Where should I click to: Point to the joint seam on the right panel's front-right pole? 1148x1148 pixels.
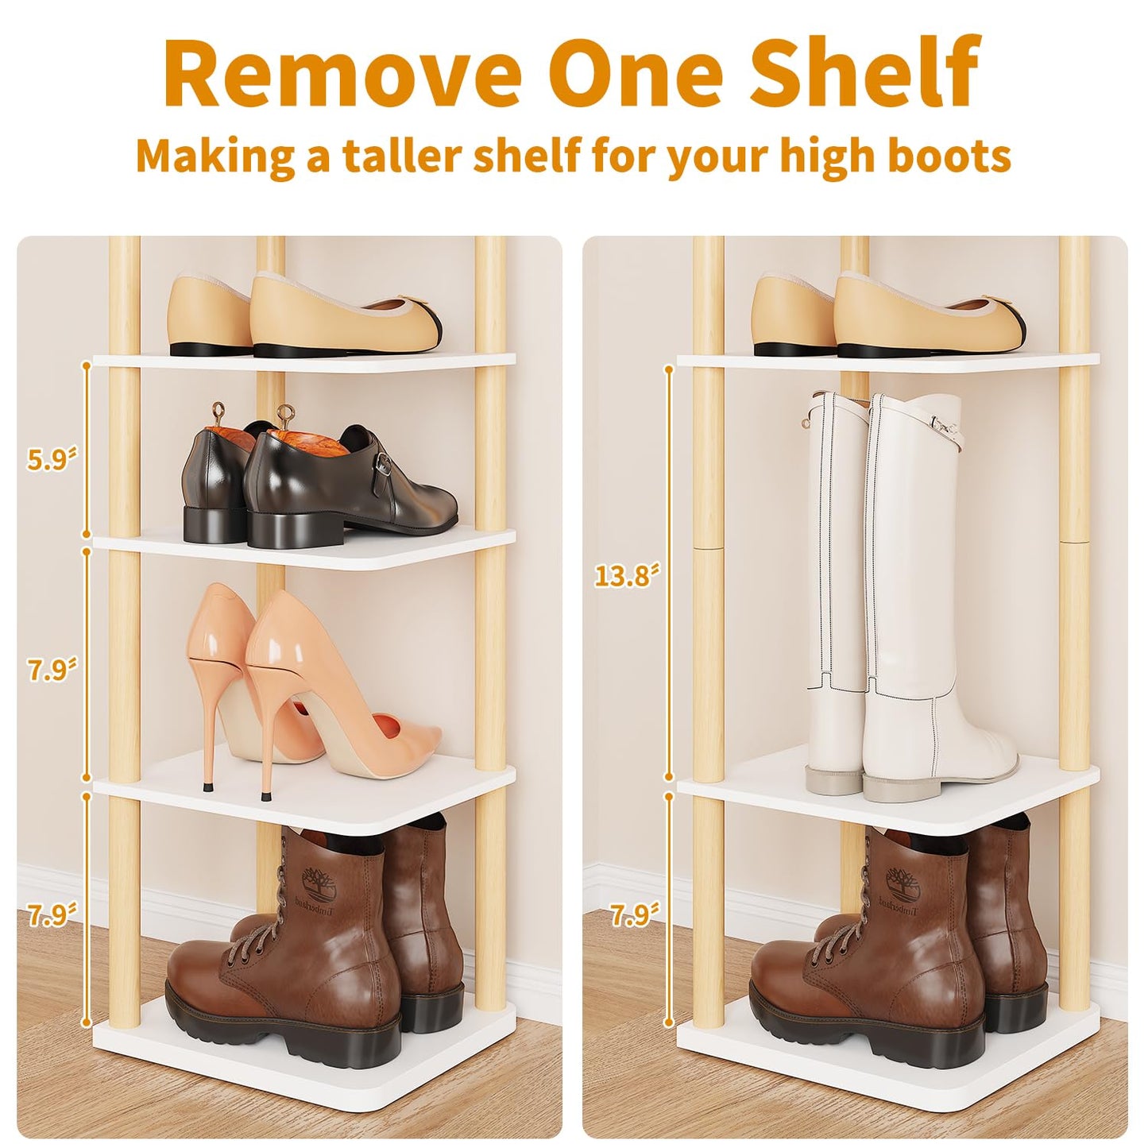1074,540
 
